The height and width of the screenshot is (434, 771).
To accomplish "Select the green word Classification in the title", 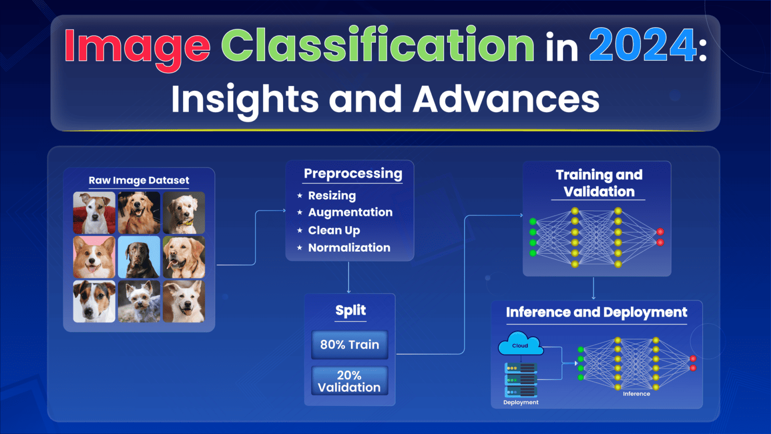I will coord(377,46).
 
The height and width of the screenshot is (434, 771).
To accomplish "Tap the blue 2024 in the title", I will coord(642,46).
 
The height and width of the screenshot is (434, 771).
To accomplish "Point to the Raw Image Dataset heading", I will coord(139,180).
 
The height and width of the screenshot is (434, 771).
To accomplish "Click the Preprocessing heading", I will coord(353,174).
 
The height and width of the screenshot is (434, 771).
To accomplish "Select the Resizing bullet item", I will coord(332,195).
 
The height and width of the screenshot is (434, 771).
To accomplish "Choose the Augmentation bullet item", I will coord(350,212).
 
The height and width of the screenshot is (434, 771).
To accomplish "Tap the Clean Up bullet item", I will coord(334,230).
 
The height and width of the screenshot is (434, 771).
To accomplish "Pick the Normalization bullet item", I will coord(349,248).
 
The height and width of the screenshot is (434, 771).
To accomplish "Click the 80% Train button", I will coord(349,345).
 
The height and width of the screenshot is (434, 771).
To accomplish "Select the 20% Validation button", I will coord(349,381).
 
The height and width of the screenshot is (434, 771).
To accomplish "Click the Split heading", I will coord(350,310).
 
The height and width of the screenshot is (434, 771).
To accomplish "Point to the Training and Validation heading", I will coord(598,183).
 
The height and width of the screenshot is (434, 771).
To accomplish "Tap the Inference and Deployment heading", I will coord(596,312).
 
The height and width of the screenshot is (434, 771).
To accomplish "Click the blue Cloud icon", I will coord(521,344).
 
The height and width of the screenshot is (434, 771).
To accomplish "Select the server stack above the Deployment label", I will coord(521,380).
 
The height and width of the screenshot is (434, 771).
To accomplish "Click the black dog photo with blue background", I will coord(139,257).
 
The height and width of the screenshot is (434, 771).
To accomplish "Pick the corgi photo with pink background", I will coord(94,257).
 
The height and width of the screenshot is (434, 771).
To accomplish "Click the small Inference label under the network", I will coord(636,394).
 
